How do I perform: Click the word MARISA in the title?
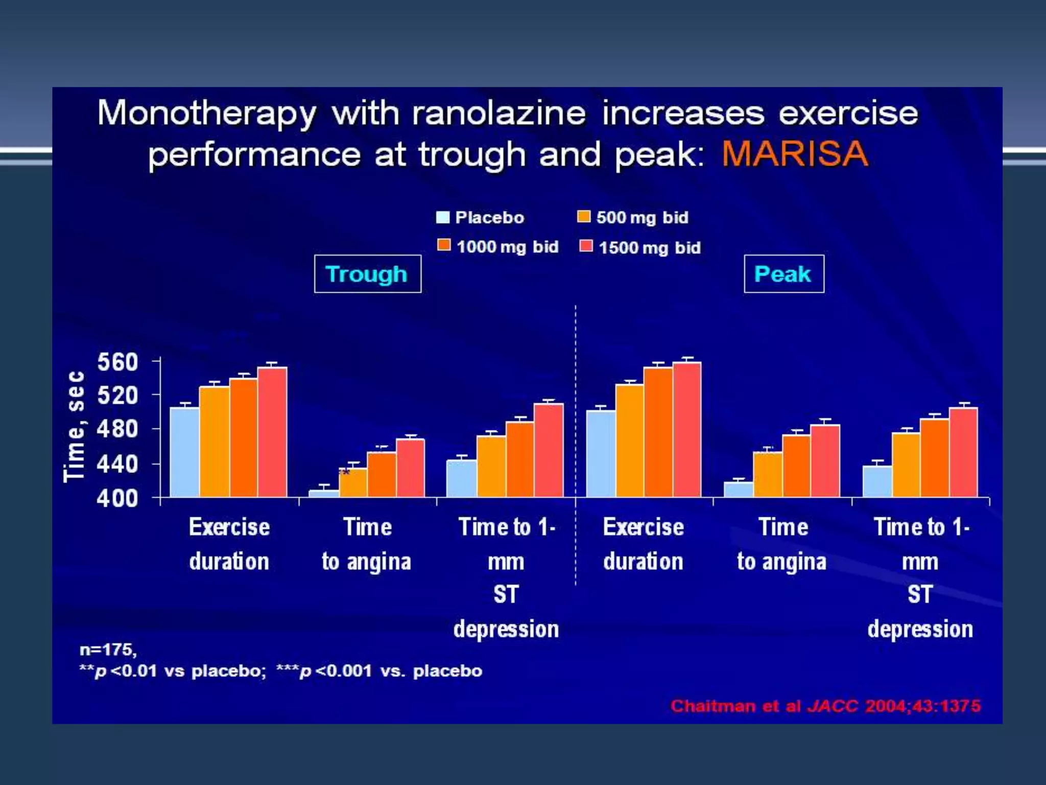795,154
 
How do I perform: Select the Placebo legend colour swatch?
442,217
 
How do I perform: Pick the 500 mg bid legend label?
642,218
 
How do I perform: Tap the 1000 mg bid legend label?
507,247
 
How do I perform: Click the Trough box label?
367,274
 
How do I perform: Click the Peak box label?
783,274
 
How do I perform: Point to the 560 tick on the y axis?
117,362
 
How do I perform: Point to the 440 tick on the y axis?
117,464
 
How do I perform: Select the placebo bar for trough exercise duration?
184,452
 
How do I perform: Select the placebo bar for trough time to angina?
324,493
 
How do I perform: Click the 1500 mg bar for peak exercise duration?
687,429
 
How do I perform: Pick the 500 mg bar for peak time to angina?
768,474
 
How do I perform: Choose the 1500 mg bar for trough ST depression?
549,450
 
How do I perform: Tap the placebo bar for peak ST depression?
877,481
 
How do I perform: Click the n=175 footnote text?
108,650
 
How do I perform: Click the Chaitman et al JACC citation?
825,706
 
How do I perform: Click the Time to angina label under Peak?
782,544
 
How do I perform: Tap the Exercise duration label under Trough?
229,544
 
